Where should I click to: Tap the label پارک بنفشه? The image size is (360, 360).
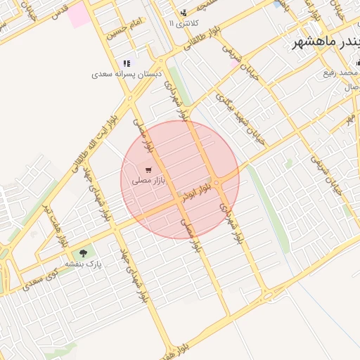(84, 264)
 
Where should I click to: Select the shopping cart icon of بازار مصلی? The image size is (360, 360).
(148, 170)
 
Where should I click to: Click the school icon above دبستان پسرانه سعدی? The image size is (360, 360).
(127, 63)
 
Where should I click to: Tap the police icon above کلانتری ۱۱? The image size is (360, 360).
(184, 13)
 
